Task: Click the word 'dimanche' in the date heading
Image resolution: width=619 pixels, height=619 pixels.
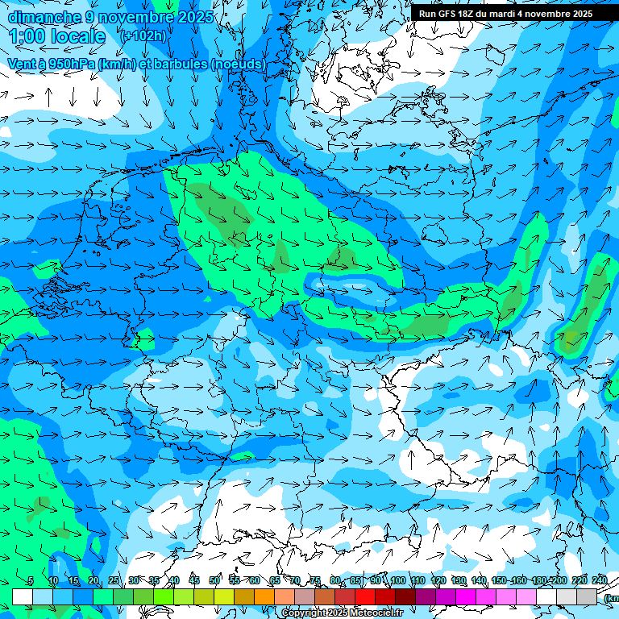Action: click(x=44, y=17)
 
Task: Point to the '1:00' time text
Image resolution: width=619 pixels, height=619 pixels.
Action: click(x=27, y=36)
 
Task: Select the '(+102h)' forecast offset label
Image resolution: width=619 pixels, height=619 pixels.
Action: click(x=143, y=36)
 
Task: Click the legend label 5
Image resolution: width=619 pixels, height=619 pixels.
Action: click(x=30, y=581)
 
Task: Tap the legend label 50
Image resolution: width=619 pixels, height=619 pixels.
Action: click(x=214, y=581)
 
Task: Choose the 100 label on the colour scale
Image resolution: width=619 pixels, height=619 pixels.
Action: click(x=397, y=581)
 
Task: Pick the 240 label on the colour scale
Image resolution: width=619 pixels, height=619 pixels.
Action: click(x=600, y=581)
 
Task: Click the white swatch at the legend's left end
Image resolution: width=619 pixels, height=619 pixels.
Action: click(x=23, y=596)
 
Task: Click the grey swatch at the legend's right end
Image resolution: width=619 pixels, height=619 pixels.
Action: click(x=587, y=596)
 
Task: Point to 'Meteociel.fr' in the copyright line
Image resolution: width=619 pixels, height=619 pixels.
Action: click(x=376, y=613)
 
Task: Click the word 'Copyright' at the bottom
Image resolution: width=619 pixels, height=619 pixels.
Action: click(x=303, y=613)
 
